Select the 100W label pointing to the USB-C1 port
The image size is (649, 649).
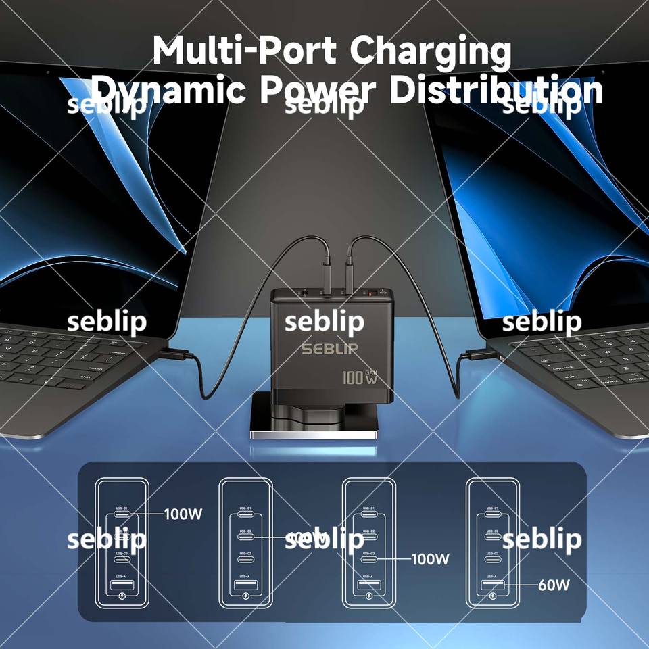pyautogui.click(x=183, y=514)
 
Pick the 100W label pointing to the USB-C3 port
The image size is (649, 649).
pyautogui.click(x=431, y=559)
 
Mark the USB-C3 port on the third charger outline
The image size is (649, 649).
pyautogui.click(x=368, y=559)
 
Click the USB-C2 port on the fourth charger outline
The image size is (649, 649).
pyautogui.click(x=492, y=537)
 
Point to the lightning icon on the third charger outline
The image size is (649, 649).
pyautogui.click(x=368, y=596)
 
